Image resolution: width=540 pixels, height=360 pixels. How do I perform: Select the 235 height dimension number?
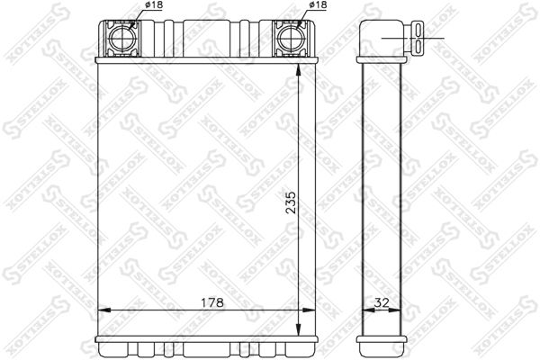[290, 208]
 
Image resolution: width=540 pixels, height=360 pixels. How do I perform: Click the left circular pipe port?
[120, 40]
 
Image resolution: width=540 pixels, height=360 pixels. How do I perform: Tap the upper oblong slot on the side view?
[422, 31]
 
